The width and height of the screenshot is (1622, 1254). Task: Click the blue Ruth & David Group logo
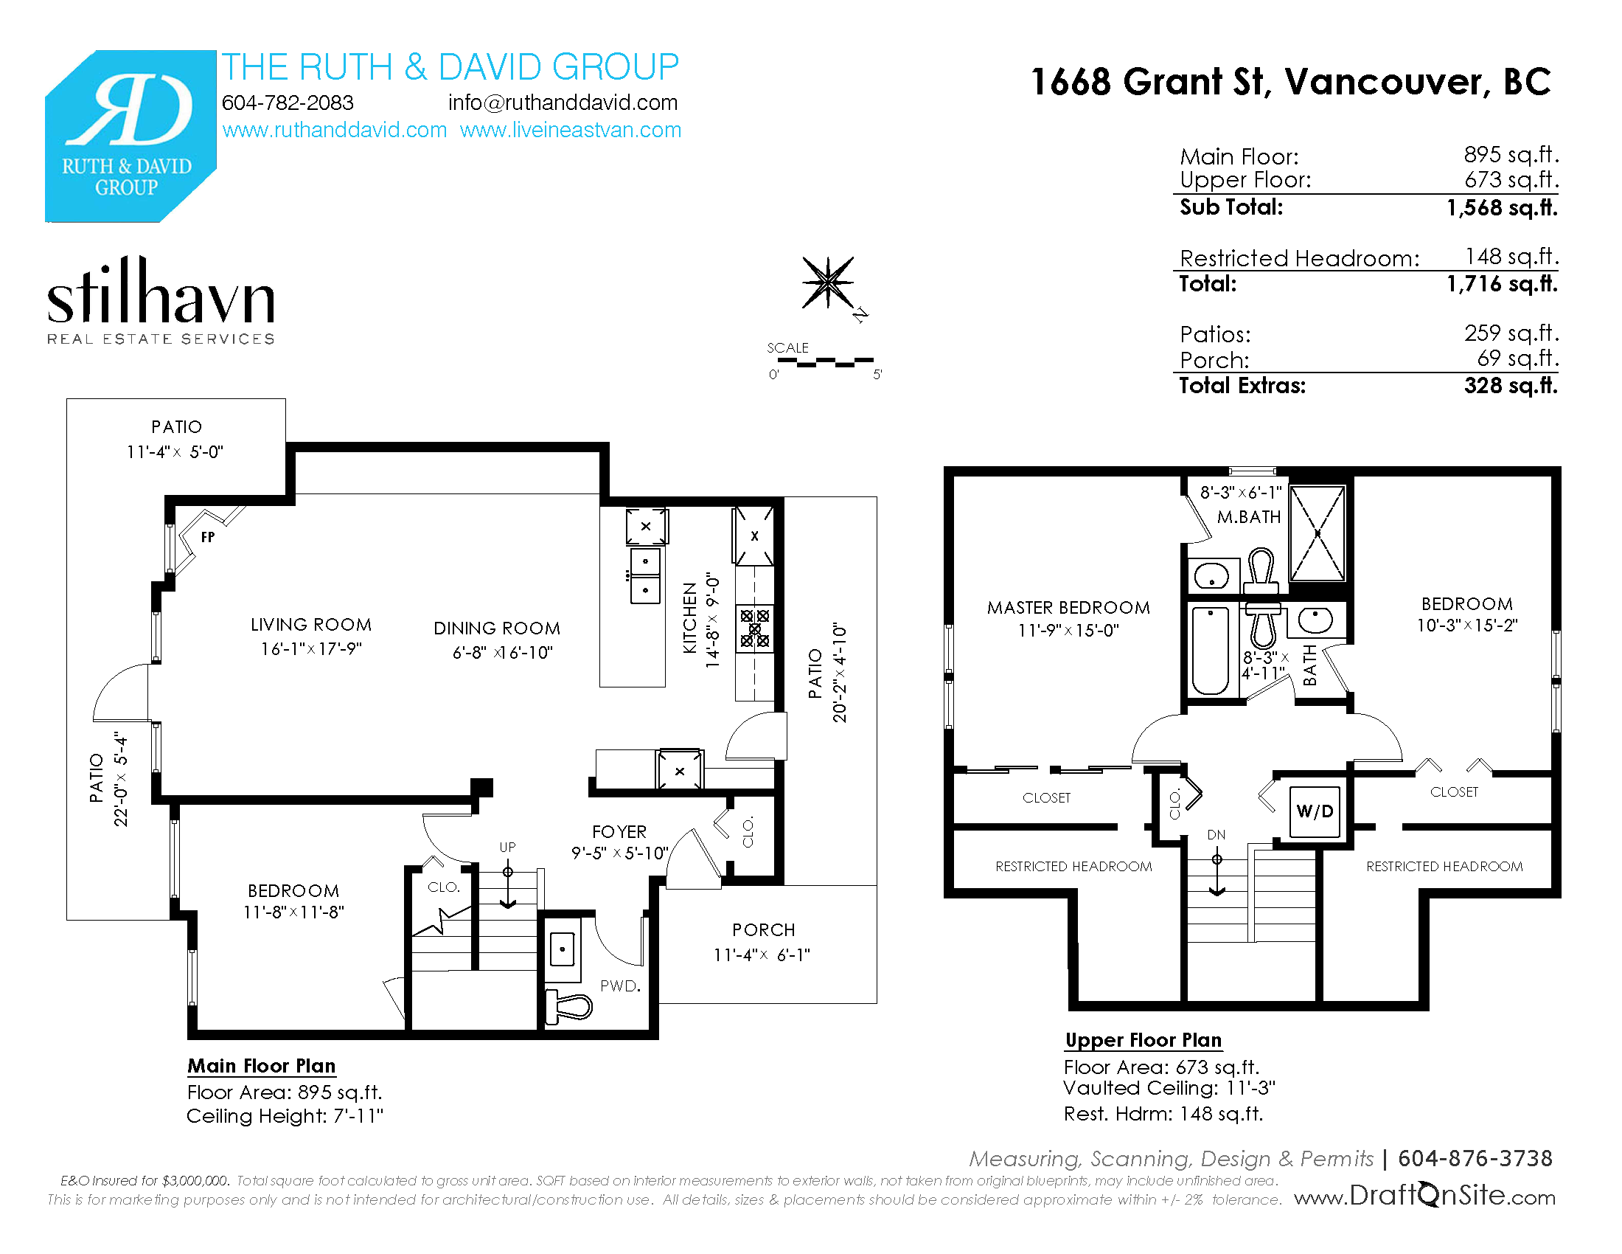click(130, 136)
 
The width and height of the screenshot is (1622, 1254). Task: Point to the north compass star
click(828, 283)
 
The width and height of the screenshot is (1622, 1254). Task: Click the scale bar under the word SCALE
click(825, 361)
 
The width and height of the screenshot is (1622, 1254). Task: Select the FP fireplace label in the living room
click(208, 537)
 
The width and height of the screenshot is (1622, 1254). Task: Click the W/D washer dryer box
click(1315, 811)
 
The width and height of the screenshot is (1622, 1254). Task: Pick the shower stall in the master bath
click(1318, 533)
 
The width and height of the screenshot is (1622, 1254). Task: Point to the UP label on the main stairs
click(507, 847)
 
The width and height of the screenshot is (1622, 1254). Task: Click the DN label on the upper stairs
click(1216, 835)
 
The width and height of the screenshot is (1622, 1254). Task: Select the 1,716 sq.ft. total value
click(1502, 284)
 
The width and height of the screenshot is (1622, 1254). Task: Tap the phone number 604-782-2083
click(288, 103)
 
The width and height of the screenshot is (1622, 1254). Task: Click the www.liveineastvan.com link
click(571, 130)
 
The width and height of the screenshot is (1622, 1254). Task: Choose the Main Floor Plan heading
click(262, 1066)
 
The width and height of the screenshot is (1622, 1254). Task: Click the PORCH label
click(764, 930)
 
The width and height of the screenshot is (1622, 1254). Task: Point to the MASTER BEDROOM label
click(1069, 608)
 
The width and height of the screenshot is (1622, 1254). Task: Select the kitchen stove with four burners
click(754, 628)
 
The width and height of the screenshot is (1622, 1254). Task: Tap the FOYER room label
click(619, 832)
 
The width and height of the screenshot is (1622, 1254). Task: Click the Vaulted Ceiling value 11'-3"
click(1250, 1088)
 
